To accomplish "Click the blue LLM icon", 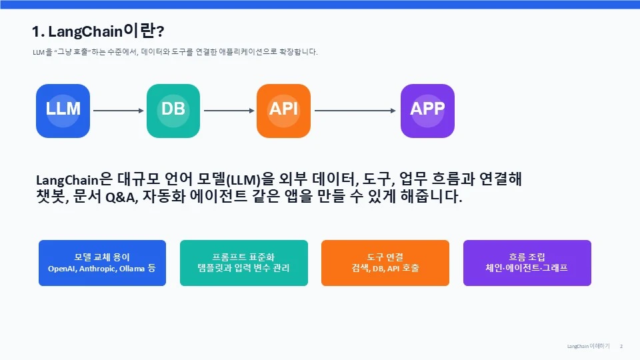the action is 63,111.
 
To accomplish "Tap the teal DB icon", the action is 173,111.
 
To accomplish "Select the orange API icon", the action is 284,111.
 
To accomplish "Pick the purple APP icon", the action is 427,111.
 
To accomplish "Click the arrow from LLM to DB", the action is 119,111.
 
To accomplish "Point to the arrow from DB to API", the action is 229,111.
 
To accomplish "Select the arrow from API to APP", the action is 355,111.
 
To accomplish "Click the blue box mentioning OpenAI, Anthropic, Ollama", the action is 103,263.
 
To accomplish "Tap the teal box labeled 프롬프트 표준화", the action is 244,263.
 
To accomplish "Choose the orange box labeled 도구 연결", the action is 385,263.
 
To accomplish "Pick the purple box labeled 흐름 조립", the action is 527,263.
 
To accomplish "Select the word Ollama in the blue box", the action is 132,269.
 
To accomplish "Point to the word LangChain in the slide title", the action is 85,31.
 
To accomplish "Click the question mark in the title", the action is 160,31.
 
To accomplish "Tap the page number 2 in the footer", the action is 621,346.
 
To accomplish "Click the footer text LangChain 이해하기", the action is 588,346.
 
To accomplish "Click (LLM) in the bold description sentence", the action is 243,180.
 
